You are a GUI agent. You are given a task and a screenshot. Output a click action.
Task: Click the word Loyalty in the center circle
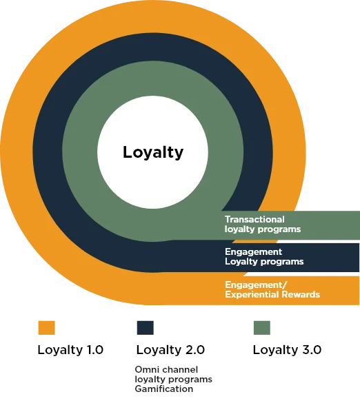click(153, 153)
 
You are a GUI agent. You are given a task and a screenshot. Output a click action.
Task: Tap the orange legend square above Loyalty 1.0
click(47, 328)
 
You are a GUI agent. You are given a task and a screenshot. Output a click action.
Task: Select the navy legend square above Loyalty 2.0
click(145, 328)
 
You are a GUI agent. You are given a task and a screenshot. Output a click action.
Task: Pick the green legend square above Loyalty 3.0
click(262, 328)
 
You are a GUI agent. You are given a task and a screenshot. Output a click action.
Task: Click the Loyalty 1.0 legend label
click(70, 350)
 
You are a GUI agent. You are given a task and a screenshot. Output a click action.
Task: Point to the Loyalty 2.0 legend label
click(170, 350)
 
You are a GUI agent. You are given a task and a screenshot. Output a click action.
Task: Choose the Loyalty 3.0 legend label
click(287, 350)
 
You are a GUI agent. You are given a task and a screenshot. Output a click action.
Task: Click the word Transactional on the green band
click(254, 219)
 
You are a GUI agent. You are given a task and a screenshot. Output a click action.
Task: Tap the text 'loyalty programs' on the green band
click(263, 229)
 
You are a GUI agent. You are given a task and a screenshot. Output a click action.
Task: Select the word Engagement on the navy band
click(254, 252)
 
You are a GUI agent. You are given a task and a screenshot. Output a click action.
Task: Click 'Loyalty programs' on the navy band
click(264, 262)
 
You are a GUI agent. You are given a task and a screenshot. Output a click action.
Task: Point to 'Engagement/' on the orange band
click(256, 285)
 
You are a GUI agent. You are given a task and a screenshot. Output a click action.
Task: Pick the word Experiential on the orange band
click(252, 295)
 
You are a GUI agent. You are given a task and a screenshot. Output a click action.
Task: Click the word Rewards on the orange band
click(301, 294)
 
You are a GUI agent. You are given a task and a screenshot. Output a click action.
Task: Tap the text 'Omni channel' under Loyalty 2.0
click(166, 369)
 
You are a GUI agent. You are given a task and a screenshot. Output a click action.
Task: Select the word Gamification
click(164, 389)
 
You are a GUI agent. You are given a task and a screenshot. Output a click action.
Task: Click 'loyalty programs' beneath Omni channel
click(174, 380)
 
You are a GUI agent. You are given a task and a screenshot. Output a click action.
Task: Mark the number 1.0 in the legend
click(95, 350)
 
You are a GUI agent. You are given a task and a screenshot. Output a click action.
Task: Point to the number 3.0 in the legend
click(312, 350)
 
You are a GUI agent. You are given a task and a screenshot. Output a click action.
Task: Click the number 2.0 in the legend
click(195, 350)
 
